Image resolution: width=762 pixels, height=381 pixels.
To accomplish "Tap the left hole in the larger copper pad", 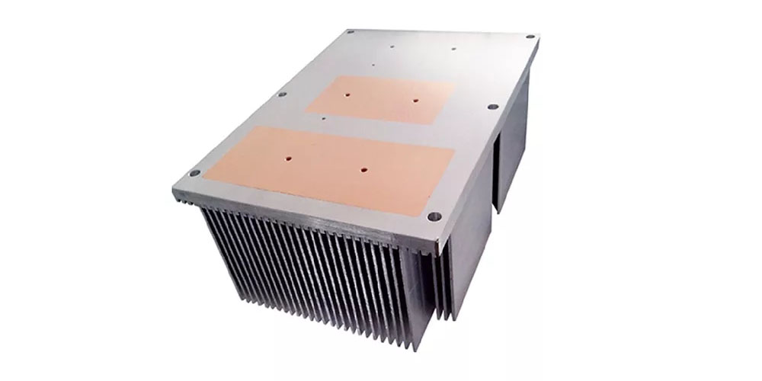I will pos(290,160).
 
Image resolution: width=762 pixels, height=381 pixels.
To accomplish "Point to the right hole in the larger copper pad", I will pos(363,169).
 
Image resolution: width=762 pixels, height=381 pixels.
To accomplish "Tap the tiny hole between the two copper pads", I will pos(325,118).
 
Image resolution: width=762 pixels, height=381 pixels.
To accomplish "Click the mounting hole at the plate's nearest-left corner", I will pos(194,173).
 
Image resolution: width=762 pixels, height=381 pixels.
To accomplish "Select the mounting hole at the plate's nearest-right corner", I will pos(435,216).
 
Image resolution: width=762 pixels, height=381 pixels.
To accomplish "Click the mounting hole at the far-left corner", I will pos(350,34).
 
